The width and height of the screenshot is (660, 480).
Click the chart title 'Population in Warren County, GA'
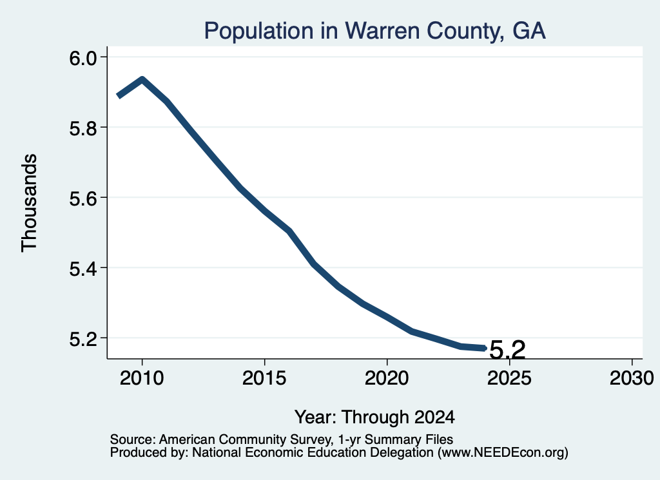point(374,31)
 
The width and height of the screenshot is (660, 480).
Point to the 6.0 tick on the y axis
point(82,57)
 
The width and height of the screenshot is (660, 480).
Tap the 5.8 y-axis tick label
point(82,128)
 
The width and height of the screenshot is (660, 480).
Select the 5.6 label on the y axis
point(82,198)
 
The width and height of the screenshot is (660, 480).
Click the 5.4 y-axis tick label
point(82,269)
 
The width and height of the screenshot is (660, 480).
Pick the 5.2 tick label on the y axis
point(82,339)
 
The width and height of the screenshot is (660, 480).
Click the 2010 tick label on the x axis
point(142,378)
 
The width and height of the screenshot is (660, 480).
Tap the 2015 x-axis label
point(264,378)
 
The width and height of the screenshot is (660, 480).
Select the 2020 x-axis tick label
point(387,378)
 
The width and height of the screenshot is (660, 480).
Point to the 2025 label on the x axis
point(509,378)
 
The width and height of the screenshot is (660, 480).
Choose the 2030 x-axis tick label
point(632,378)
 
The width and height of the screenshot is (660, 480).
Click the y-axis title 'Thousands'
point(30,203)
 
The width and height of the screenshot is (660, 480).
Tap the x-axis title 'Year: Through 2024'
point(374,418)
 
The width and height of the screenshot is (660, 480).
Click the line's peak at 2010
point(142,79)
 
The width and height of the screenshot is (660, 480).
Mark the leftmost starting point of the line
point(119,96)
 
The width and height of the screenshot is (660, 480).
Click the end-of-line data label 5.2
point(508,350)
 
